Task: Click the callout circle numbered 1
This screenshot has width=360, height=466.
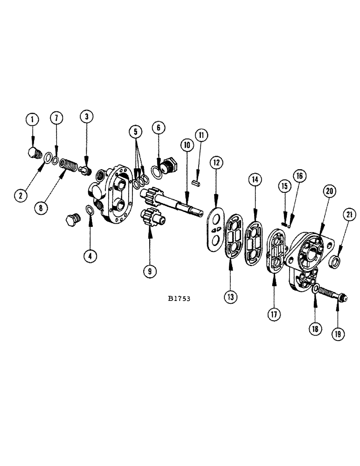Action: (32, 121)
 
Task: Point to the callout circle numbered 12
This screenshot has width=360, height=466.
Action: (216, 164)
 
